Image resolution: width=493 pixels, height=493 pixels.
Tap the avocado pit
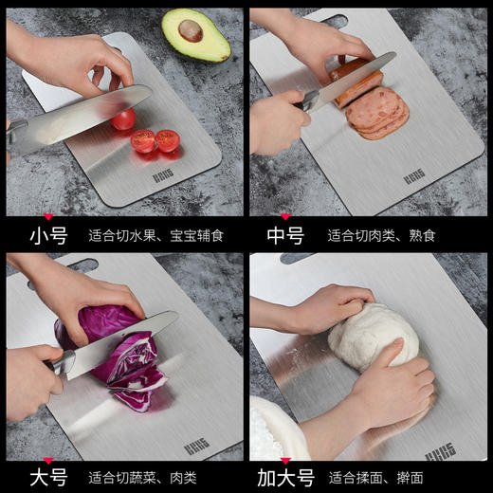191,30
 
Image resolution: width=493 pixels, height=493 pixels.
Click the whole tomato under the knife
123,119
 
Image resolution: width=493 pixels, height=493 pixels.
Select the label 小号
48,234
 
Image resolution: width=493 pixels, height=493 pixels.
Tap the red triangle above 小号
48,215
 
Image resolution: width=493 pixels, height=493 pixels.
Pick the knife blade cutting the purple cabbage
119,341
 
